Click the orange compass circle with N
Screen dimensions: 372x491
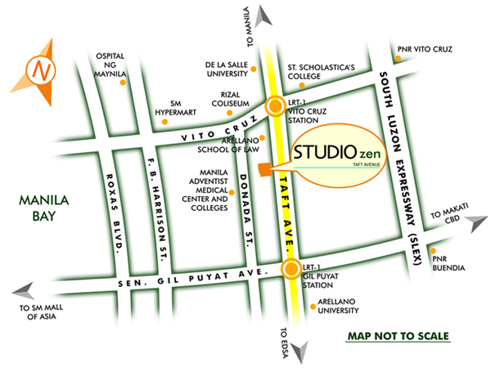39,71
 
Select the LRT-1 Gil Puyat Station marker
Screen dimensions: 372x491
290,269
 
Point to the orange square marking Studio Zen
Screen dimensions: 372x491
264,168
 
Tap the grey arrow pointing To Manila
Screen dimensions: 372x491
264,15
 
